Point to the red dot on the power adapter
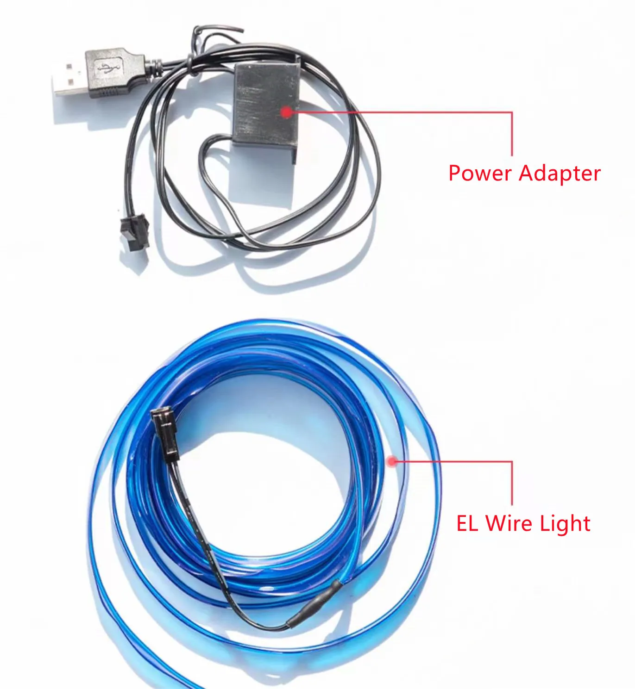coord(287,112)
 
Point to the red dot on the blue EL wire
coord(392,461)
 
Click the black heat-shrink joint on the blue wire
coord(314,604)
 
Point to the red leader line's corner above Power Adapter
coord(512,112)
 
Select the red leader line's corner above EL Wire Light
coord(512,461)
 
